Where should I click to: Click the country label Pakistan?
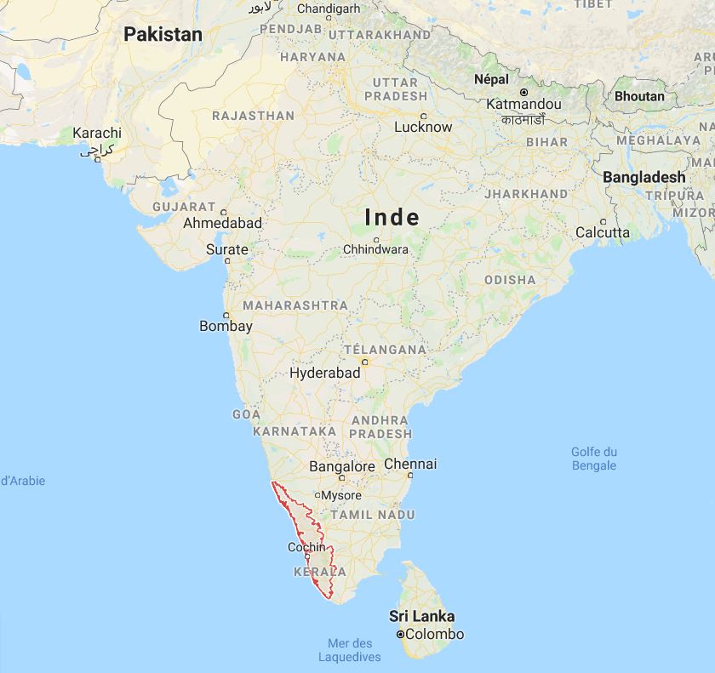point(163,35)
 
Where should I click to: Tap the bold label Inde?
point(392,217)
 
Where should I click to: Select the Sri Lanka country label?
point(421,616)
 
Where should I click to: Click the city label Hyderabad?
point(325,374)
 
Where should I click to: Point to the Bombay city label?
point(226,326)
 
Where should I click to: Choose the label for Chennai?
point(410,464)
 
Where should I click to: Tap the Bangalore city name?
point(341,466)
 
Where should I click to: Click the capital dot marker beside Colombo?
point(399,635)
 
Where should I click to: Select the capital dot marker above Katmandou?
point(523,92)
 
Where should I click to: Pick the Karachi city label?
point(97,133)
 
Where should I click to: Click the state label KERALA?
point(319,572)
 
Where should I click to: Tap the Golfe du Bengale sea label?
point(594,459)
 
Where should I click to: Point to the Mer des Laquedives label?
point(350,650)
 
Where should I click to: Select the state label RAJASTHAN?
point(253,115)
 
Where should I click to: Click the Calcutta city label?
point(603,232)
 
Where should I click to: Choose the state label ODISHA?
point(510,279)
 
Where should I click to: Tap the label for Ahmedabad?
point(222,223)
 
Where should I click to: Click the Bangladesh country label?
point(643,177)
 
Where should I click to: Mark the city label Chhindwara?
point(375,250)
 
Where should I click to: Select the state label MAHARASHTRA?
point(295,305)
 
